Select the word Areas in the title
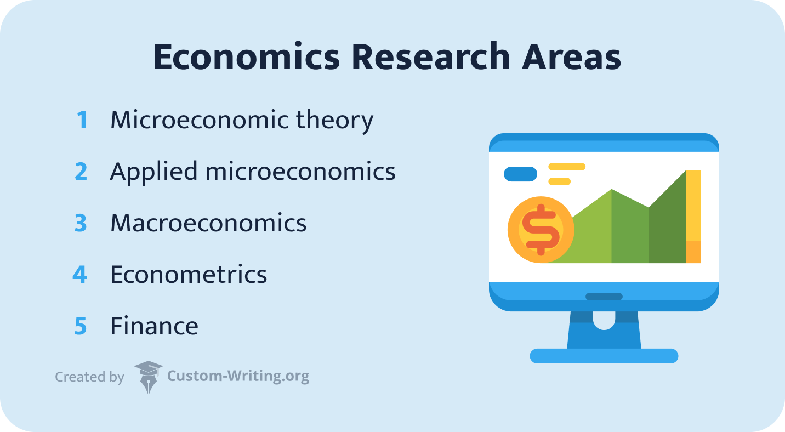pos(572,57)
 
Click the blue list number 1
pos(82,120)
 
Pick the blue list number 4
pos(80,274)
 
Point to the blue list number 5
pos(81,326)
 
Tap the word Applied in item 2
pos(153,172)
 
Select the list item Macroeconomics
pos(208,223)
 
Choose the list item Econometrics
pos(189,274)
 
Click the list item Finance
pos(154,326)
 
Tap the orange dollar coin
pos(541,229)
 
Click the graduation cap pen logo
pos(148,377)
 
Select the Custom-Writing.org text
pos(238,377)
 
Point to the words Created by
pos(89,377)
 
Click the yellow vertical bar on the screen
pos(693,208)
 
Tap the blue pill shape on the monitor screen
pos(520,174)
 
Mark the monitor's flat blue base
pos(604,356)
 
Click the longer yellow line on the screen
pos(567,167)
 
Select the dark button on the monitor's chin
pos(604,297)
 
